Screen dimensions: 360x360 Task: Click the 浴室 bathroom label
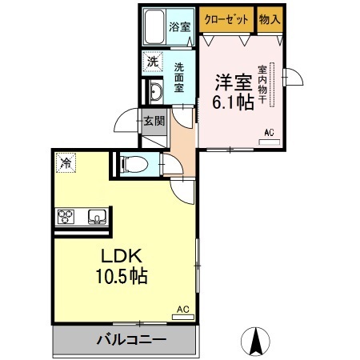(179, 27)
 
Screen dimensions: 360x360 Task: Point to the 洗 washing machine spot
(152, 61)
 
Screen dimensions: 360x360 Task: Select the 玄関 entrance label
(154, 122)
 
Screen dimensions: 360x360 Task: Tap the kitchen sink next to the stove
(96, 216)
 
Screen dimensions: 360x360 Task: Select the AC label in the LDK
(182, 308)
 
